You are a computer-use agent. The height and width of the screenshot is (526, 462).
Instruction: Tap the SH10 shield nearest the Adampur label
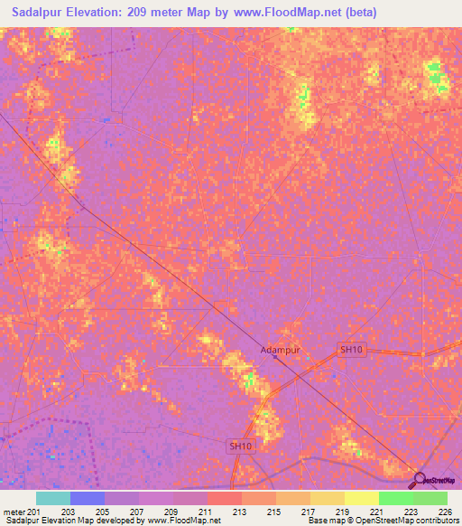pyautogui.click(x=350, y=349)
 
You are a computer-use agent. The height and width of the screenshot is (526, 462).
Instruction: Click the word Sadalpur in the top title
pyautogui.click(x=39, y=12)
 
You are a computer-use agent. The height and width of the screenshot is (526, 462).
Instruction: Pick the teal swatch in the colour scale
pyautogui.click(x=53, y=498)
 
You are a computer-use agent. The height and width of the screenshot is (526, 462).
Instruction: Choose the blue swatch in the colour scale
pyautogui.click(x=88, y=498)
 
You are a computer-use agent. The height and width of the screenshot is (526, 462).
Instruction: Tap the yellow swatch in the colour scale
pyautogui.click(x=361, y=498)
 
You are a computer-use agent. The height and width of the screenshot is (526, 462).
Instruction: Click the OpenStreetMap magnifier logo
pyautogui.click(x=420, y=480)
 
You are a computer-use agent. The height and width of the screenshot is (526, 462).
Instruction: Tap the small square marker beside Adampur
pyautogui.click(x=276, y=356)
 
